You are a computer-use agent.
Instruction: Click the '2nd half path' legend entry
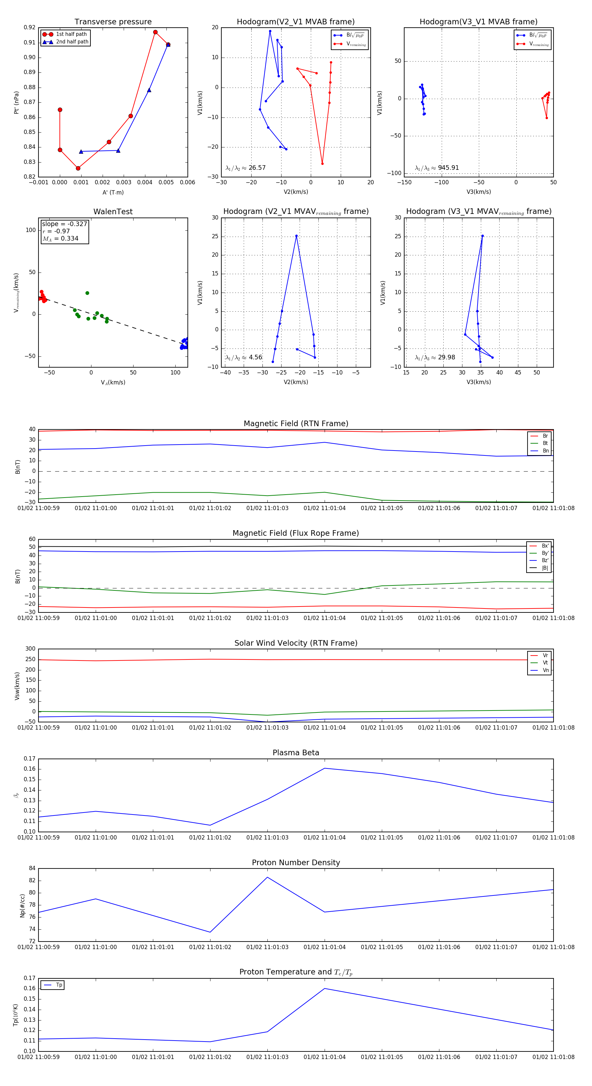(72, 42)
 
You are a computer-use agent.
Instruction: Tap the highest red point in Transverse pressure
(156, 32)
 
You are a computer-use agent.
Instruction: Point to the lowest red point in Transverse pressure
(78, 168)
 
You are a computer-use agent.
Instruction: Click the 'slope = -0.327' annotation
(64, 224)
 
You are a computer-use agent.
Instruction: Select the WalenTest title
(113, 212)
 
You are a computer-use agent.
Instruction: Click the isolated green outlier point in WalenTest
(87, 293)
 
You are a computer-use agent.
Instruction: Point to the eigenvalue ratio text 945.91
(448, 168)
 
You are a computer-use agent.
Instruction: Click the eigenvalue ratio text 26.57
(257, 168)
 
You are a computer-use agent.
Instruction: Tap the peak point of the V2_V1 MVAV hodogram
(297, 236)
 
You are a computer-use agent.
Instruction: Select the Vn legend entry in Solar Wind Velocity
(545, 670)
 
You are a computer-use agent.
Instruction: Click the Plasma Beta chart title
(296, 753)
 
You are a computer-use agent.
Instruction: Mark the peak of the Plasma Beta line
(324, 768)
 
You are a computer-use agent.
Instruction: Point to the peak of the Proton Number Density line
(267, 877)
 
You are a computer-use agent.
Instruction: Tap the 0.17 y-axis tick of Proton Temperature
(30, 978)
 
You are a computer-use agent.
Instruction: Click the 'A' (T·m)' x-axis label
(113, 192)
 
